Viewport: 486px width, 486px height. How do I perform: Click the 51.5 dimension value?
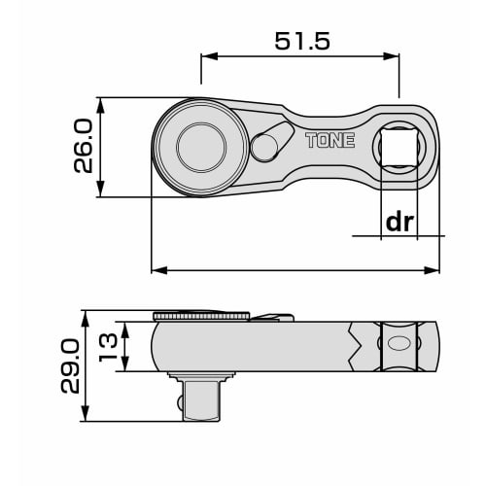pos(302,41)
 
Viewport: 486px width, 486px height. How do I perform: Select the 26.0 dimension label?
pos(84,146)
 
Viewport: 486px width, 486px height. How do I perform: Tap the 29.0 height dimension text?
pos(70,366)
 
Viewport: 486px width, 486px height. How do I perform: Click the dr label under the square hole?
pos(399,222)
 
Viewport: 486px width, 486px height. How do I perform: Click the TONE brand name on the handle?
pos(330,140)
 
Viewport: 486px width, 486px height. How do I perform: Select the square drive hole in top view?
pos(399,147)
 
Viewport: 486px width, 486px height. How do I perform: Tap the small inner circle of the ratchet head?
pos(201,148)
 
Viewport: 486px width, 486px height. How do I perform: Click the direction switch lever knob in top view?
pos(264,149)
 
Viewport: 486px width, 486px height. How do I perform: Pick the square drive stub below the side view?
pos(201,400)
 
